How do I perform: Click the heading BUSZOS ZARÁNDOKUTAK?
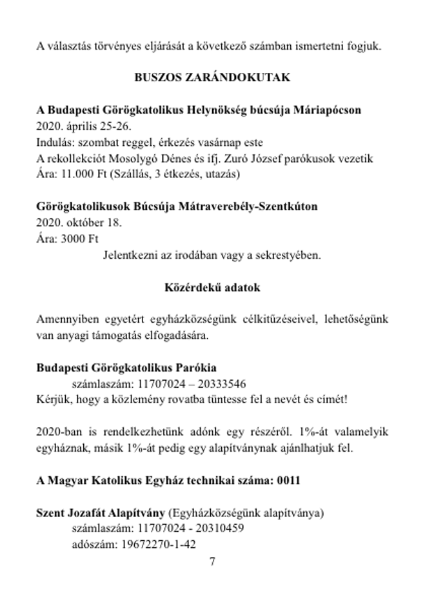[x=212, y=78]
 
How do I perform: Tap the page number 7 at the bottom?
[x=213, y=561]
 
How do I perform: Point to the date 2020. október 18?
[x=79, y=223]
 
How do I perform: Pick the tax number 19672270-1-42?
[x=159, y=544]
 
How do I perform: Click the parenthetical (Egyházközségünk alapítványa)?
[x=246, y=513]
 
